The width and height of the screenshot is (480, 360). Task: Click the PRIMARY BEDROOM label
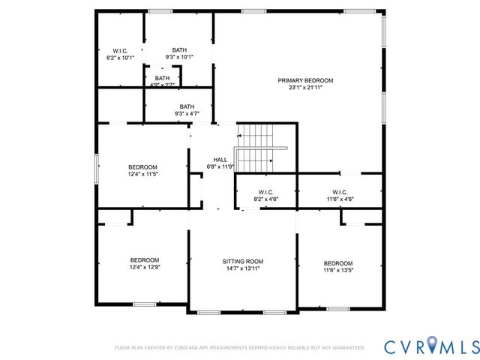pyautogui.click(x=305, y=80)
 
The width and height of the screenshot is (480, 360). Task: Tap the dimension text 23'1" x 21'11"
pyautogui.click(x=305, y=88)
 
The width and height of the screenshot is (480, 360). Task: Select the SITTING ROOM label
pyautogui.click(x=242, y=261)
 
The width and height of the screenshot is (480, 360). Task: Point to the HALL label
pyautogui.click(x=220, y=160)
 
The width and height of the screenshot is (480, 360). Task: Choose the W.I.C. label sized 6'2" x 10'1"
pyautogui.click(x=121, y=50)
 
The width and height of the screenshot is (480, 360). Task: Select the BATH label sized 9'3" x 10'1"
pyautogui.click(x=179, y=50)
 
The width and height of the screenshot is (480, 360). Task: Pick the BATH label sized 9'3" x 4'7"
pyautogui.click(x=187, y=106)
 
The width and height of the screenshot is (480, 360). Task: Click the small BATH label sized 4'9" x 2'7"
pyautogui.click(x=162, y=78)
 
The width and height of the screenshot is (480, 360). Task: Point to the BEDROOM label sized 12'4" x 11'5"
pyautogui.click(x=142, y=166)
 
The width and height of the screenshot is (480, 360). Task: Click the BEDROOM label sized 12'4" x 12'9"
pyautogui.click(x=144, y=259)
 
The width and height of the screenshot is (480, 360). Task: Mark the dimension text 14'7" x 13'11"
pyautogui.click(x=242, y=268)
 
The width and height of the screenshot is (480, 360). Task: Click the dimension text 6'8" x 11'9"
pyautogui.click(x=220, y=166)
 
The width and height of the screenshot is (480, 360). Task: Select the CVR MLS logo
pyautogui.click(x=430, y=346)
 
